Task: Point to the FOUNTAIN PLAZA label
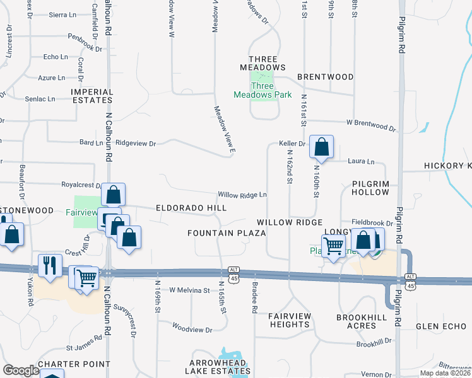coord(226,233)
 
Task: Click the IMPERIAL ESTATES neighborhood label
coord(92,96)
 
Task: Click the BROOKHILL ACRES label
coord(365,321)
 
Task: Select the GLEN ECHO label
coord(440,326)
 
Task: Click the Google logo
coord(21,370)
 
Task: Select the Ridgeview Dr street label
coord(136,144)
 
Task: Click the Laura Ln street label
coord(361,161)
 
